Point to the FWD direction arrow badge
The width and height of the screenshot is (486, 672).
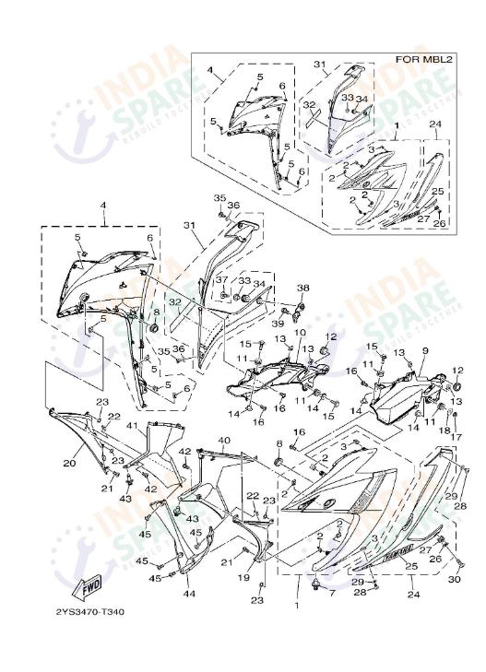pos(89,585)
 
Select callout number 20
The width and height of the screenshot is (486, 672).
pos(68,464)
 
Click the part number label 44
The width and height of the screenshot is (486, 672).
pos(188,595)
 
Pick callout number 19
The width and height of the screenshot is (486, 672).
pos(243,577)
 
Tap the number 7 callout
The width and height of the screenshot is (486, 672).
pos(332,592)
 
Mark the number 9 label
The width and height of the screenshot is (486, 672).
pos(425,351)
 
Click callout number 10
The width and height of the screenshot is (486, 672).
pos(300,333)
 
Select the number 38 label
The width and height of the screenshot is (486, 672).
pos(302,289)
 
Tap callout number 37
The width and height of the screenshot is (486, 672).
pos(222,279)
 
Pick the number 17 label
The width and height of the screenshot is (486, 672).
pos(456,437)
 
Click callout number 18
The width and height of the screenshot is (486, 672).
pos(444,430)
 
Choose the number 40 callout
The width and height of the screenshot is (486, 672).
pos(223,441)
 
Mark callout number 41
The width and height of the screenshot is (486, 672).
pos(132,426)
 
